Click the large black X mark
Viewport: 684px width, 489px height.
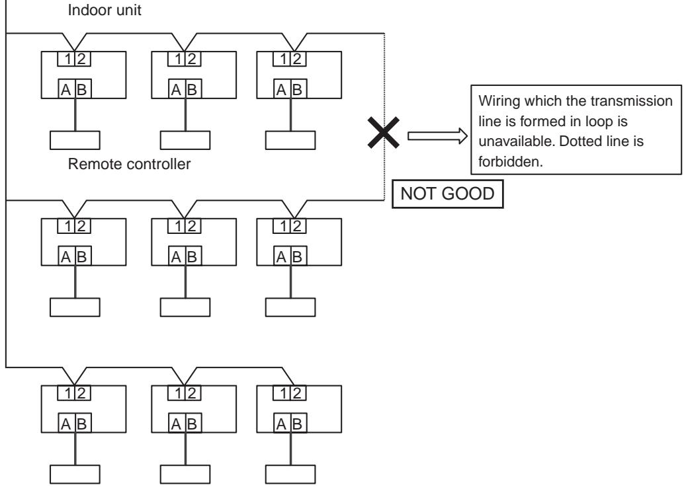(384, 132)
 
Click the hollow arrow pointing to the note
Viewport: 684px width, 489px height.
(437, 136)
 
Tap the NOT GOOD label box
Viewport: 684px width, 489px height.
(448, 194)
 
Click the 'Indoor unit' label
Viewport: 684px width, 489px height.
(105, 10)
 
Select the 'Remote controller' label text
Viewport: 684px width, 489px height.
(129, 164)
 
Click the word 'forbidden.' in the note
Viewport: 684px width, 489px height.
(511, 162)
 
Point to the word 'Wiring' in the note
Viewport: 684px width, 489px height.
(499, 101)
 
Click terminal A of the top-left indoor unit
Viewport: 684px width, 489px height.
(67, 89)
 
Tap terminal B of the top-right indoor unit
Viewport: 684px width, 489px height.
(298, 89)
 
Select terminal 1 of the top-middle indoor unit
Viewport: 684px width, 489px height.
(177, 59)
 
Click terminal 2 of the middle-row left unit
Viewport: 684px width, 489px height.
(82, 226)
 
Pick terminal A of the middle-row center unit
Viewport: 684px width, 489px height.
(177, 256)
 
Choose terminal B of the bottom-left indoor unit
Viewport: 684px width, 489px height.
(83, 423)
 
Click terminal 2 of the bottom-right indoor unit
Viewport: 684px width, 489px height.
(298, 393)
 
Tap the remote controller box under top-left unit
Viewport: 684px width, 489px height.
(75, 140)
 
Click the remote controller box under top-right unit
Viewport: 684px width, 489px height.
(290, 140)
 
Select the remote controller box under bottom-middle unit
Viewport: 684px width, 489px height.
(185, 474)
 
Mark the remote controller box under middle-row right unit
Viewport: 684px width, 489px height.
(290, 307)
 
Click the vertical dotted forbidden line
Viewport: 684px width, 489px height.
(384, 117)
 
